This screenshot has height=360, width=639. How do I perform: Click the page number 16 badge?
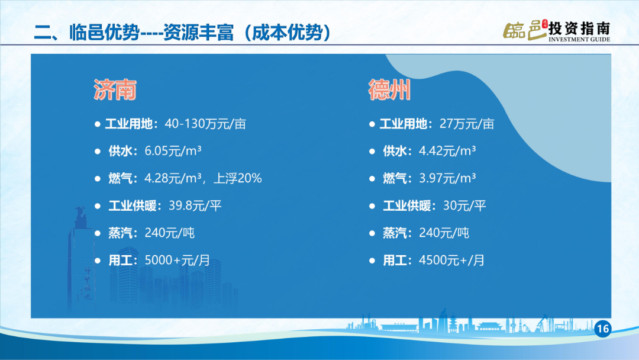603,329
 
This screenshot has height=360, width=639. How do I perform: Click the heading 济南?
115,89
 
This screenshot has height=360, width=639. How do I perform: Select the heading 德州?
389,89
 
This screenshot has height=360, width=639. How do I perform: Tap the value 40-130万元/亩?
205,124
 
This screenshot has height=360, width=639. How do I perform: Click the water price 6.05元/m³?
173,151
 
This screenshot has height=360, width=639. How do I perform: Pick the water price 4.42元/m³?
447,151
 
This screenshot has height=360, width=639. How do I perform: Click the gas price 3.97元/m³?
447,178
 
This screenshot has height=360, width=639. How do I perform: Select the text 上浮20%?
238,178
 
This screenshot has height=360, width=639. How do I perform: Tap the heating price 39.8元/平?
195,205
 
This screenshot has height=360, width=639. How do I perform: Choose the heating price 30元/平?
464,205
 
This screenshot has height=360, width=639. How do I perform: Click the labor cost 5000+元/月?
177,260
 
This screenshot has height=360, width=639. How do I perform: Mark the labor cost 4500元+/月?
451,260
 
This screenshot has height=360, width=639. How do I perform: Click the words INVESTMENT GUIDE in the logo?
579,40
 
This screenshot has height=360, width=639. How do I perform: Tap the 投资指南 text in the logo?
579,28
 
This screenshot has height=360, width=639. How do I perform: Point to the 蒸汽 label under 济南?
120,233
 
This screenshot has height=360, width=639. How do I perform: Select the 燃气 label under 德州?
395,178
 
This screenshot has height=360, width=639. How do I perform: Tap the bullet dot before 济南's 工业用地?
98,124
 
